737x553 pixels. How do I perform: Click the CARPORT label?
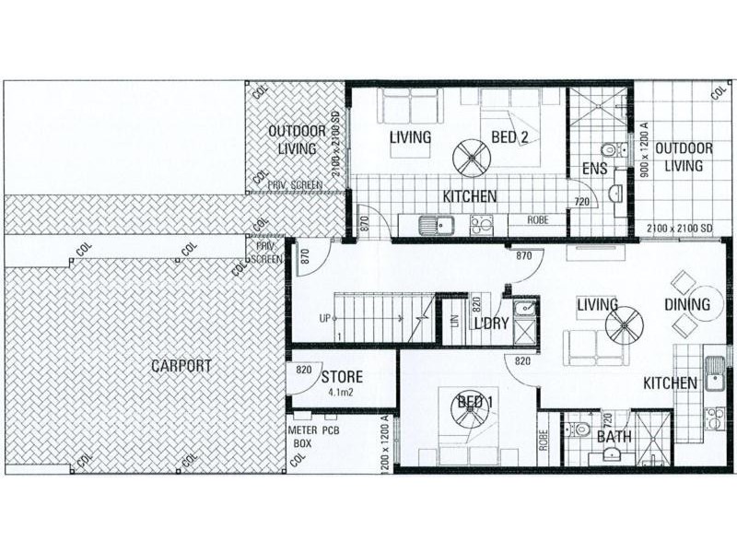[181, 366]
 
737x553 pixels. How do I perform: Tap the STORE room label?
[342, 377]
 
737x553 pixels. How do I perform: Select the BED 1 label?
[476, 401]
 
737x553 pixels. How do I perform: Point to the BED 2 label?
[509, 137]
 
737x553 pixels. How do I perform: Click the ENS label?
[594, 169]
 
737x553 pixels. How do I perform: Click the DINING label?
[687, 304]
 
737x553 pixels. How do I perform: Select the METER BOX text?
[303, 436]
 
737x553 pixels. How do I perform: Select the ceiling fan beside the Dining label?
[624, 325]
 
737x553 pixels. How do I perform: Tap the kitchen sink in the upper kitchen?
[433, 223]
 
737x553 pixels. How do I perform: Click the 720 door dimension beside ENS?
[581, 201]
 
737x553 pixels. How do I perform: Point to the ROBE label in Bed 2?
[539, 220]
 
